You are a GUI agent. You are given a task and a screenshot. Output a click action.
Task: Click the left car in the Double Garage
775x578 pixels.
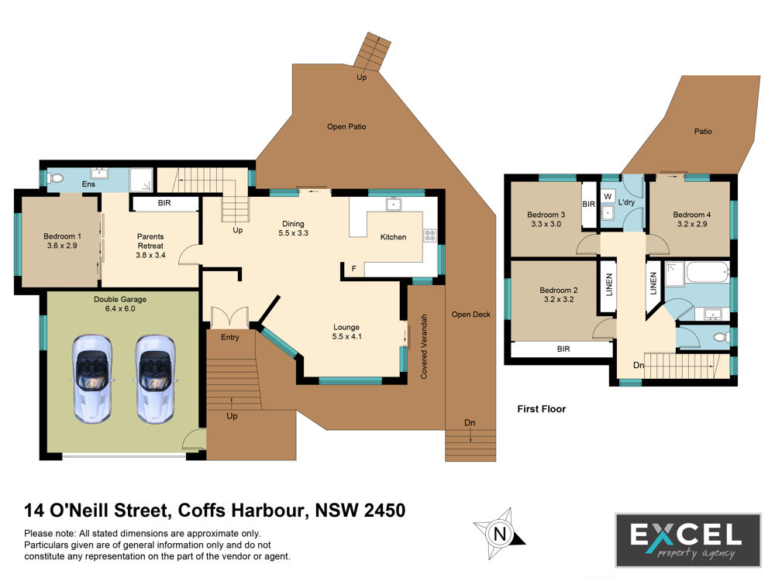tap(92, 379)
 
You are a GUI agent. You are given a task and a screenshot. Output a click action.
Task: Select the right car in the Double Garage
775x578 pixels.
tap(155, 379)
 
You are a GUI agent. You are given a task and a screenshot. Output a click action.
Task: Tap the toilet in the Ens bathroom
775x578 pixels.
tap(55, 177)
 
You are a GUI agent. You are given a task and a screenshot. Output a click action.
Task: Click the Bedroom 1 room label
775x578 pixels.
tap(62, 241)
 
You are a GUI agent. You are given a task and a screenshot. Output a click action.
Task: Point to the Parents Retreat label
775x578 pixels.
tap(151, 246)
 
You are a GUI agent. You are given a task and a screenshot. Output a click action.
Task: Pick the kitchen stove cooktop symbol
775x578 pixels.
tap(429, 236)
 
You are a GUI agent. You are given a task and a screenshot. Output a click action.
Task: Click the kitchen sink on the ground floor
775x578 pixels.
tap(394, 204)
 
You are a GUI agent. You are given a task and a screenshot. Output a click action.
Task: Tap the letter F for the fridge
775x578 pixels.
tap(354, 269)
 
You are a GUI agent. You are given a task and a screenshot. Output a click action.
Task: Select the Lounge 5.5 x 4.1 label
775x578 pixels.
tap(346, 332)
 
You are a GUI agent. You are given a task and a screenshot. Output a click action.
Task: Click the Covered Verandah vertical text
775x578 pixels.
tap(424, 346)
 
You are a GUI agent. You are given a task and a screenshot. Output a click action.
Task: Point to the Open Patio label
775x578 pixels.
tap(346, 126)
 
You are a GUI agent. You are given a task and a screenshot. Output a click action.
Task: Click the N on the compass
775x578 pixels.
tap(500, 534)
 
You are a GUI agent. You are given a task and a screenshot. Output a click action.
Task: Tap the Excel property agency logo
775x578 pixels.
tap(688, 540)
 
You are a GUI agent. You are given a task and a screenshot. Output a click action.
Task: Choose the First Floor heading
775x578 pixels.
tap(541, 408)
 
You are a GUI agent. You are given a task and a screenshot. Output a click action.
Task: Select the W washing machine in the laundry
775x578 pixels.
tap(608, 196)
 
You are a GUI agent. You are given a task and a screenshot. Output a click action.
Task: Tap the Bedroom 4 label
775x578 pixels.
tap(692, 218)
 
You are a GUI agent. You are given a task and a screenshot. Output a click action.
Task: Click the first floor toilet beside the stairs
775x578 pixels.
tap(722, 337)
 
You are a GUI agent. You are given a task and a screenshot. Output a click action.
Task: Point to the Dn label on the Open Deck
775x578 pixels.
tap(470, 422)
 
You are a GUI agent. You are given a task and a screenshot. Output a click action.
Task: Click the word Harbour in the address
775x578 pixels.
tap(268, 510)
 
